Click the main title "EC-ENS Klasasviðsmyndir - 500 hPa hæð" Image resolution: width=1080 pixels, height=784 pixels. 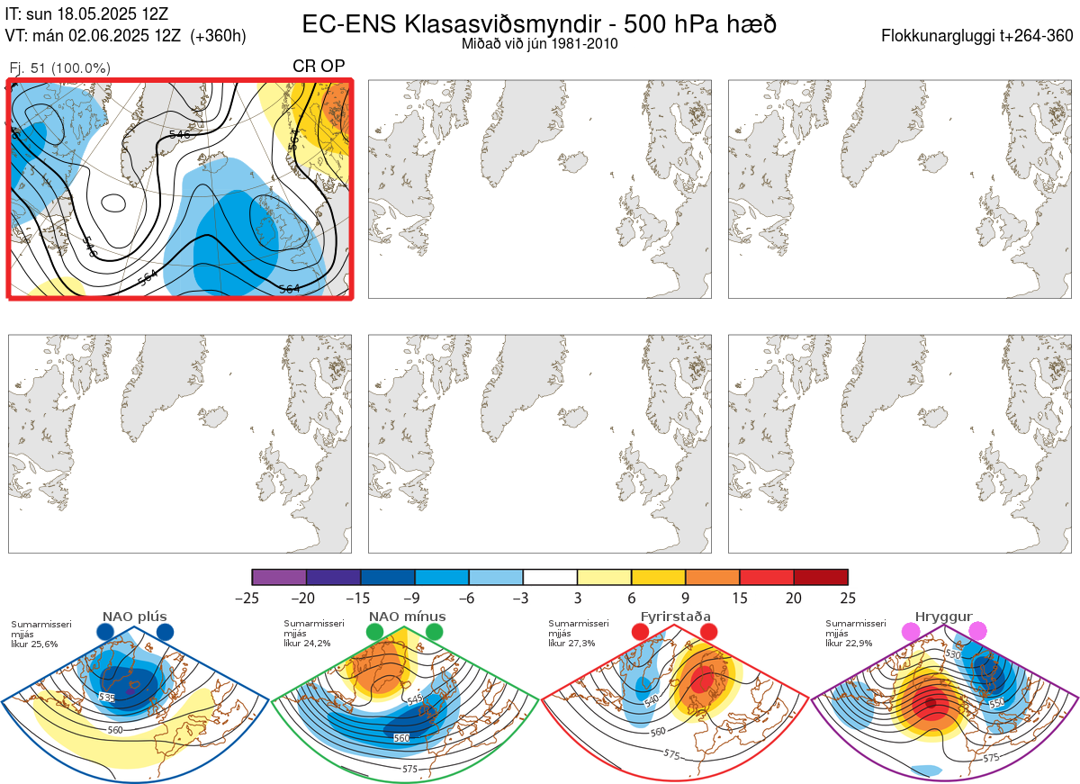(x=539, y=23)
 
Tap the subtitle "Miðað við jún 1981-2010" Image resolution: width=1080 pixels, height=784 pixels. (x=539, y=43)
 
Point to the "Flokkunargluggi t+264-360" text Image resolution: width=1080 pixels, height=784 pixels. (x=979, y=36)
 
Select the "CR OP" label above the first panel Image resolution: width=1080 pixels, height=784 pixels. (x=319, y=67)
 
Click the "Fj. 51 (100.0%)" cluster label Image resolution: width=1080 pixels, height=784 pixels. (x=59, y=68)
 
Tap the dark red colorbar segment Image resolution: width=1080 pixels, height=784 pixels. (x=821, y=577)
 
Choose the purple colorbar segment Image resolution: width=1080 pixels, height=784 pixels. (x=279, y=577)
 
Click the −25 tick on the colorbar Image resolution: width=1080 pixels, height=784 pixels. (x=252, y=598)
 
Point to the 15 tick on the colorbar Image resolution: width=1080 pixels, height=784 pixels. (x=740, y=598)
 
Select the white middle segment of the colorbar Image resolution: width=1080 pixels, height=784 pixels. (x=550, y=577)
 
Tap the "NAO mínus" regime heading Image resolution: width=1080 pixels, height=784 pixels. (x=407, y=617)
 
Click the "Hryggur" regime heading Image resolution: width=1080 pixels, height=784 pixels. (x=944, y=617)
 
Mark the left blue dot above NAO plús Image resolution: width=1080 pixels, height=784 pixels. (x=105, y=632)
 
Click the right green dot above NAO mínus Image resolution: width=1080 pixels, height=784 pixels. (x=435, y=632)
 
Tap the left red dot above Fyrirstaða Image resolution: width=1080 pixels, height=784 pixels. (x=641, y=632)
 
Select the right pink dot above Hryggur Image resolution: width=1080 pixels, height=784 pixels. (x=977, y=632)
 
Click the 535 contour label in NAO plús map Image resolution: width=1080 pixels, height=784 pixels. (x=107, y=698)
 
